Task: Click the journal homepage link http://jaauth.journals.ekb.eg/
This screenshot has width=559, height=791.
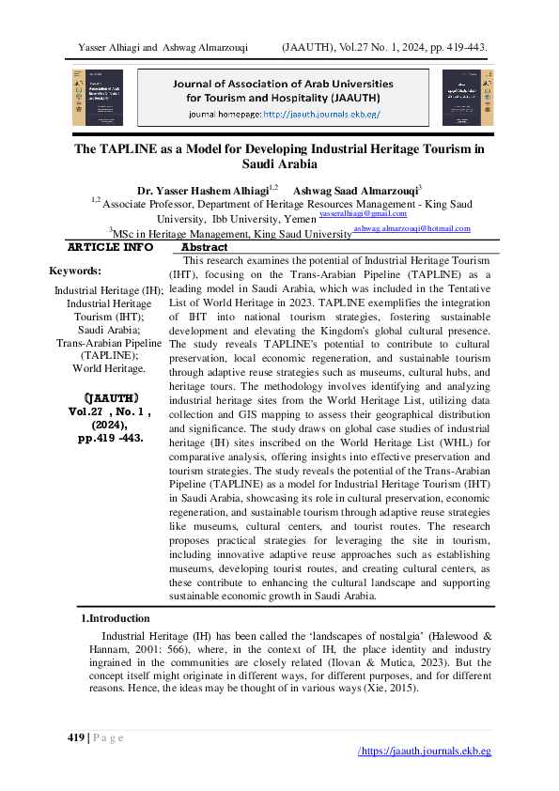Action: [321, 115]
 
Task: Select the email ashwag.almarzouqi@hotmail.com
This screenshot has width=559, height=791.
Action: [411, 228]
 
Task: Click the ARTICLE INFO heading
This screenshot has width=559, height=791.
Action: [110, 247]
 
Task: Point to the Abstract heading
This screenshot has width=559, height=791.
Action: [204, 247]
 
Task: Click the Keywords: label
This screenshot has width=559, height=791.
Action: [75, 271]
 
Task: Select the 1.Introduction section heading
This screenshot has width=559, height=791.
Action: [115, 618]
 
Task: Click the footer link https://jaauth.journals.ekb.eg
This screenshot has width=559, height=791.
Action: [426, 752]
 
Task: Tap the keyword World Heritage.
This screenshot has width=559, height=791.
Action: [109, 369]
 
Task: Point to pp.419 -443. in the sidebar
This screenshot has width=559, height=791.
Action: [110, 437]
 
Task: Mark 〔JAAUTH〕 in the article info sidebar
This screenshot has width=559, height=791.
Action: [109, 397]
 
